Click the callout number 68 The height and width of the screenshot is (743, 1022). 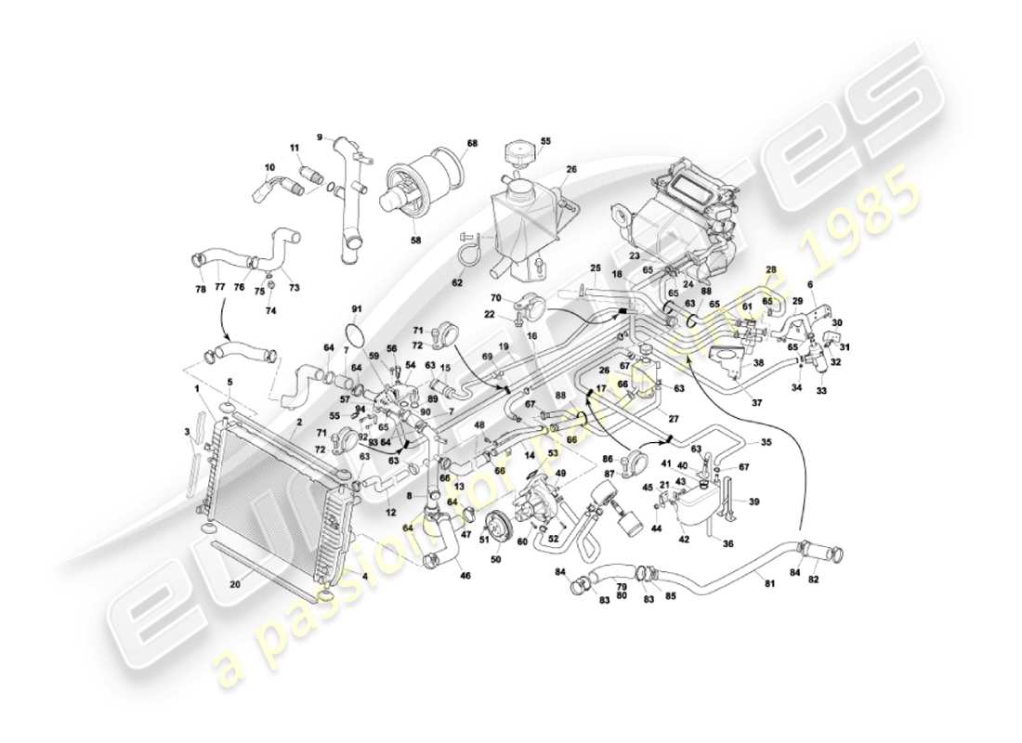(472, 144)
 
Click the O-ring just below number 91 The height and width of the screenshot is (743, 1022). (354, 332)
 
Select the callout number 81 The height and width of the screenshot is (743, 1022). (767, 582)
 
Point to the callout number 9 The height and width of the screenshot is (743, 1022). (320, 137)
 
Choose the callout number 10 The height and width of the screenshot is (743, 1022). (269, 168)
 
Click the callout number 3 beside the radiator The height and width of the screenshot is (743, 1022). (187, 432)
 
